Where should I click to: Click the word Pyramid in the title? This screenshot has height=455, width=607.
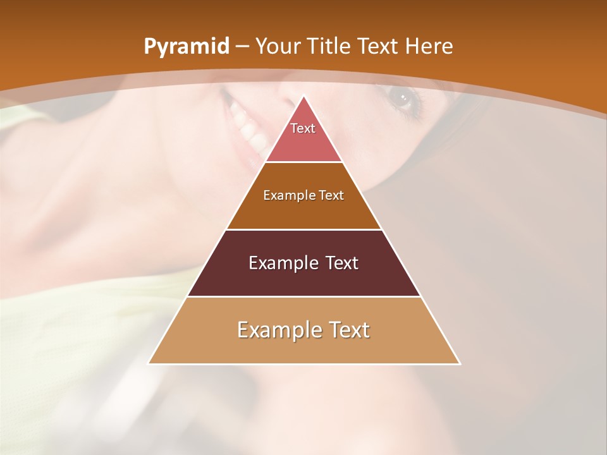click(186, 47)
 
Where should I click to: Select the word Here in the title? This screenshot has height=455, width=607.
click(429, 47)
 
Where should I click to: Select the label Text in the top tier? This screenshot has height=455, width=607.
click(303, 128)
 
